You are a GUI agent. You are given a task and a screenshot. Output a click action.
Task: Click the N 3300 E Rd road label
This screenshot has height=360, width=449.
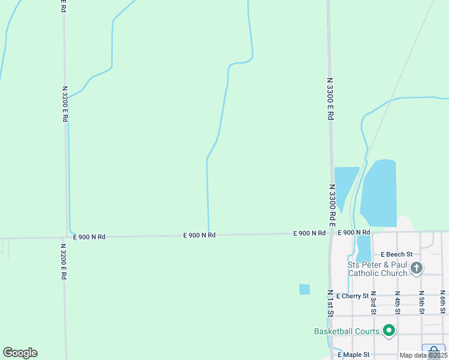330,98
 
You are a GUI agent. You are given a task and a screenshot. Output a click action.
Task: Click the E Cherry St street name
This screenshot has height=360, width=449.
352,296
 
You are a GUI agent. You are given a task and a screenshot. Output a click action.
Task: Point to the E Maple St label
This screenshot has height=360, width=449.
353,355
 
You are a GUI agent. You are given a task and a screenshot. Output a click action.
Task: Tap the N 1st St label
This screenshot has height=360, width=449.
330,302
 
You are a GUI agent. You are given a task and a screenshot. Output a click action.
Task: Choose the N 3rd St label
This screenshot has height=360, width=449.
373,302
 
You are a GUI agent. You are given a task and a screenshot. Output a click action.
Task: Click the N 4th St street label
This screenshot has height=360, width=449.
397,302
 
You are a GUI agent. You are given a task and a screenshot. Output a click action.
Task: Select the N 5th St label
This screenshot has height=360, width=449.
421,302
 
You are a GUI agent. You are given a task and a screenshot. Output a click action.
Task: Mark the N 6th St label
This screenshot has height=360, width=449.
442,302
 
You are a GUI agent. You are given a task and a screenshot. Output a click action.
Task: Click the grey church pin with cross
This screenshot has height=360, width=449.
417,268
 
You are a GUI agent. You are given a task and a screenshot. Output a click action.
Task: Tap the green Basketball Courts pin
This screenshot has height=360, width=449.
389,331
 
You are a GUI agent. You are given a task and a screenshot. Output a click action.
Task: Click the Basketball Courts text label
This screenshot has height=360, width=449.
346,331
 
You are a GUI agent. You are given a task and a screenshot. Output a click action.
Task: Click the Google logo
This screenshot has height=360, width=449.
20,353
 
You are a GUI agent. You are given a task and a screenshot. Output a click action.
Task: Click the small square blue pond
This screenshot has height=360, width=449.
304,289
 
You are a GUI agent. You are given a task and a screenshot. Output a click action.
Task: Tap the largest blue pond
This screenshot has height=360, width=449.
379,192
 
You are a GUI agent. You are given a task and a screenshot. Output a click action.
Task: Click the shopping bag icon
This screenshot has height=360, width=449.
433,352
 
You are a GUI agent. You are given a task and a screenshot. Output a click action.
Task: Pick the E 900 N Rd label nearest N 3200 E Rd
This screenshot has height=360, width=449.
89,237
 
